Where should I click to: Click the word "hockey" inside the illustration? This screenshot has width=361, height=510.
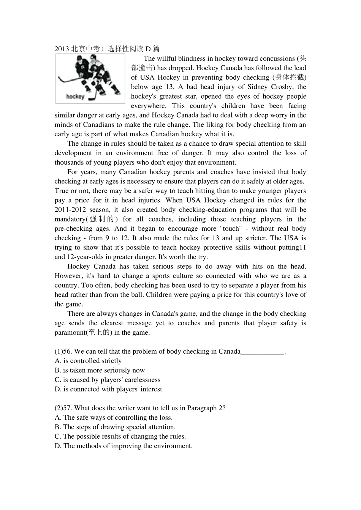75,96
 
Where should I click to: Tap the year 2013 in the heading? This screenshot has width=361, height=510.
62,49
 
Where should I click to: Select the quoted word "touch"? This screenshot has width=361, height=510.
231,229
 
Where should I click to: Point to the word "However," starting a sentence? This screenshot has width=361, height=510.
68,276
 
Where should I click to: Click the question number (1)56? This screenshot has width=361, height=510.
63,351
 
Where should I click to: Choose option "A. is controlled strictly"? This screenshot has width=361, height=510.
88,361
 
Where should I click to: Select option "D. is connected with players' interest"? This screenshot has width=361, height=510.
108,389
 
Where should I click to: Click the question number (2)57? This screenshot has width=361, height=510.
63,408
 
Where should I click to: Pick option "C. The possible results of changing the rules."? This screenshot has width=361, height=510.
120,436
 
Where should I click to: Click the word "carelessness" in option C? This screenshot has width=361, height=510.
142,380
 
